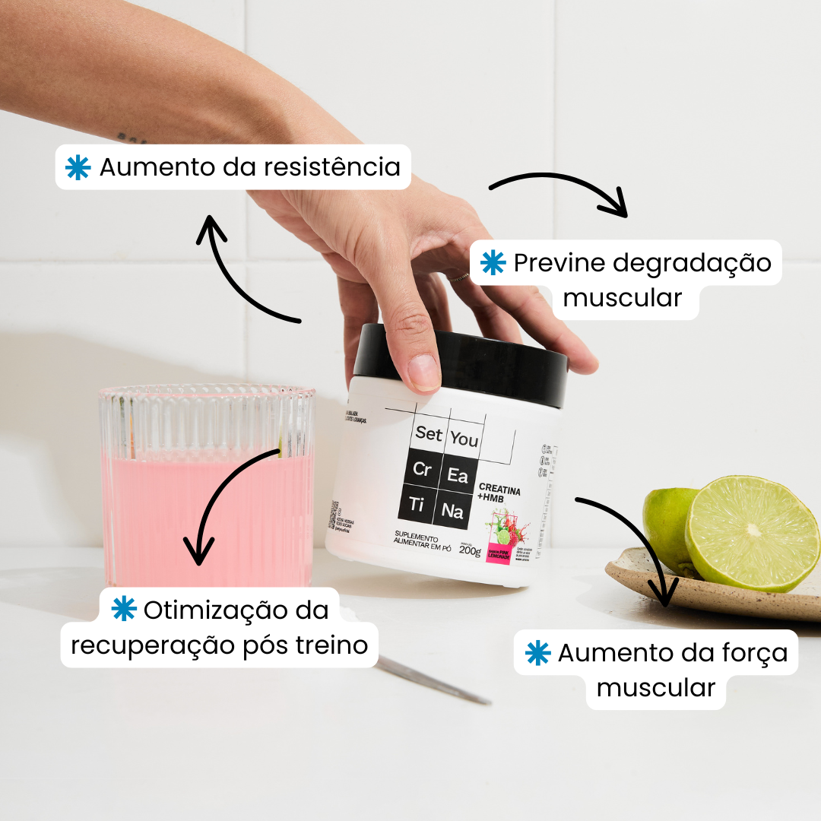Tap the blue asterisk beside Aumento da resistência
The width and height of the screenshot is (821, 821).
[x=78, y=168]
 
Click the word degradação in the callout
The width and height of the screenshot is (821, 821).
[x=692, y=263]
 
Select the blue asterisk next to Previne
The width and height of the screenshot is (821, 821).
[x=493, y=263]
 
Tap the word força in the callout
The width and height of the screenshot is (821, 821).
[x=747, y=653]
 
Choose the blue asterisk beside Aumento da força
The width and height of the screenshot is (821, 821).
[x=537, y=653]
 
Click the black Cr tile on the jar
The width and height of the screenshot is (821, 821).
[x=421, y=471]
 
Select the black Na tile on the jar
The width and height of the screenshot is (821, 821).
[x=452, y=512]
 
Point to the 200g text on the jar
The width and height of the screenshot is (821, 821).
[x=470, y=550]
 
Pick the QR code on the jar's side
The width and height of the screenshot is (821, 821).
[x=333, y=515]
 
